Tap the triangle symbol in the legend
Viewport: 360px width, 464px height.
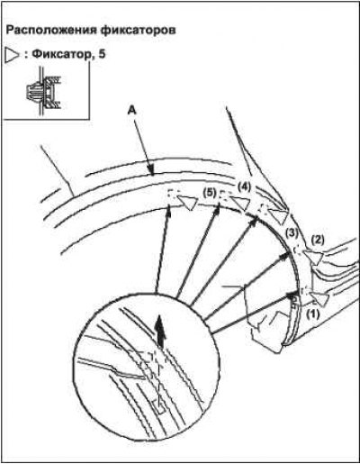point(13,56)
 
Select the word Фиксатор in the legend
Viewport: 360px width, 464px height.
point(61,55)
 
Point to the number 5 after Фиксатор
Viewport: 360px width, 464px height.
point(102,54)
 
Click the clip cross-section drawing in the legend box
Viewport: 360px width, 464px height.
point(43,93)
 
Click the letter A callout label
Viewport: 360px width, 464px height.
point(131,111)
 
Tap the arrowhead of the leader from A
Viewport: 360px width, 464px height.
point(152,171)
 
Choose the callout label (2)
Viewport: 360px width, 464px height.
point(318,239)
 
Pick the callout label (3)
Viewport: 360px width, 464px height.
point(292,232)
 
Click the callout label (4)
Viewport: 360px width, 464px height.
point(244,187)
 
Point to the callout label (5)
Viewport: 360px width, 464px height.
point(209,193)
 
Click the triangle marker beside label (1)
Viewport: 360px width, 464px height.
point(321,298)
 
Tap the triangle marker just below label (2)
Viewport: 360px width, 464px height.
point(314,258)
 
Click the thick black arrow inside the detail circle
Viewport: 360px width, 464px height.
point(161,332)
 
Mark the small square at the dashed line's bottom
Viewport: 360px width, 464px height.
point(159,406)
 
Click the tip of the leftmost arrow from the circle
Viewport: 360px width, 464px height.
point(169,205)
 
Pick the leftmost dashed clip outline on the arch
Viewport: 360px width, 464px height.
point(172,194)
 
